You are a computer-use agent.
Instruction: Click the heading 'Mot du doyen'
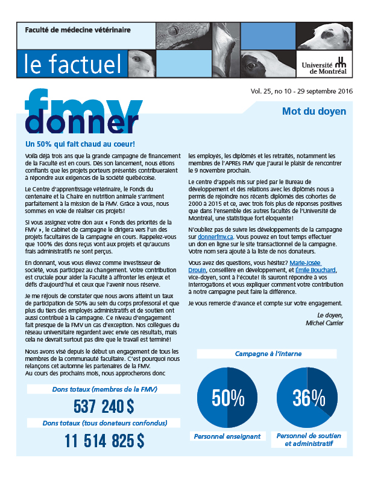click(314, 111)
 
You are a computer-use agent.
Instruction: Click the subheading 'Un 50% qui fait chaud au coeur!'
click(80, 145)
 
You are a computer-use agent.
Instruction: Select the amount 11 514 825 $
click(104, 441)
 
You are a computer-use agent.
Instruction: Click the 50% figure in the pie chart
click(228, 397)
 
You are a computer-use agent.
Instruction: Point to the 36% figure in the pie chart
click(305, 397)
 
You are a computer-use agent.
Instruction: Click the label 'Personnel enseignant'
click(227, 436)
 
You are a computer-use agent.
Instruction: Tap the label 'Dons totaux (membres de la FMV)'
click(104, 389)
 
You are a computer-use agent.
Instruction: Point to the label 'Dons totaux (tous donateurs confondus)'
click(104, 424)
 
